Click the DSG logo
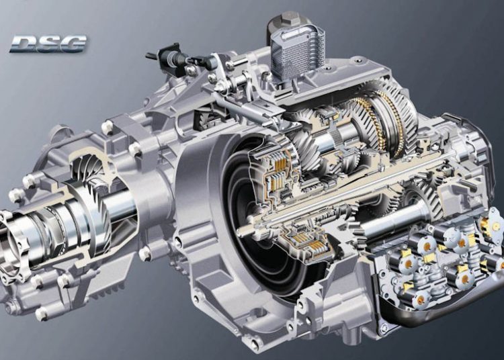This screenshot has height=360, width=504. [48, 44]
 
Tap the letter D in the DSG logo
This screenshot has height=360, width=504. [23, 44]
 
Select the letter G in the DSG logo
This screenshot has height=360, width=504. [73, 44]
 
